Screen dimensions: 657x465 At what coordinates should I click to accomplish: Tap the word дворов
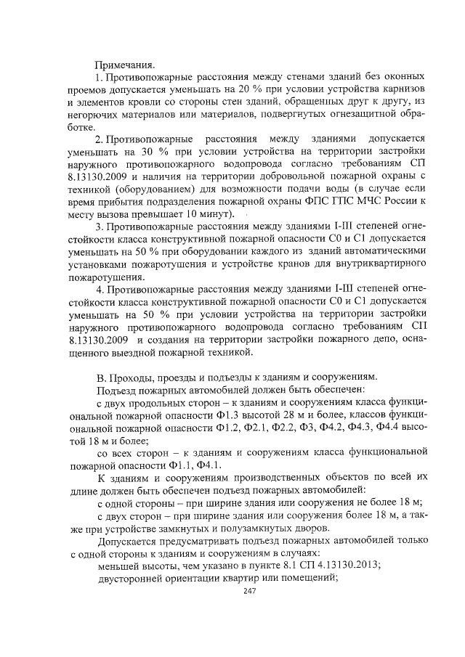click(x=310, y=528)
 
